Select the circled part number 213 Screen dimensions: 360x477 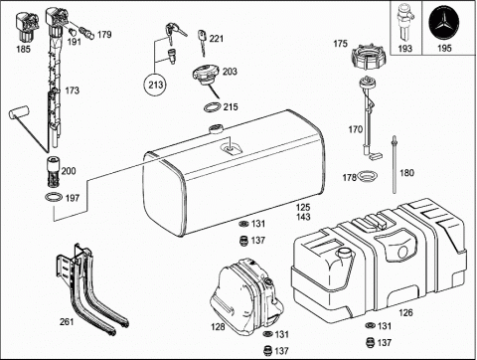pyautogui.click(x=156, y=86)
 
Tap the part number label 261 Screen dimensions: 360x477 pyautogui.click(x=67, y=321)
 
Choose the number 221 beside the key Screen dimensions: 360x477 pyautogui.click(x=217, y=39)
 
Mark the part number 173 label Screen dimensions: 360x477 pyautogui.click(x=72, y=90)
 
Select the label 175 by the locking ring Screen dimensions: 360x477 pyautogui.click(x=340, y=44)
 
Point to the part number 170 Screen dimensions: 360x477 pyautogui.click(x=355, y=128)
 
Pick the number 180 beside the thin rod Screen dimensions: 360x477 pyautogui.click(x=405, y=173)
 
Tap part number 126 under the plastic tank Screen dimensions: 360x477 pyautogui.click(x=405, y=312)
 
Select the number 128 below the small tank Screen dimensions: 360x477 pyautogui.click(x=217, y=325)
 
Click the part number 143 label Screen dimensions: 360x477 pyautogui.click(x=303, y=217)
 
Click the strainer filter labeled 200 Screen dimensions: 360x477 pyautogui.click(x=46, y=170)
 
